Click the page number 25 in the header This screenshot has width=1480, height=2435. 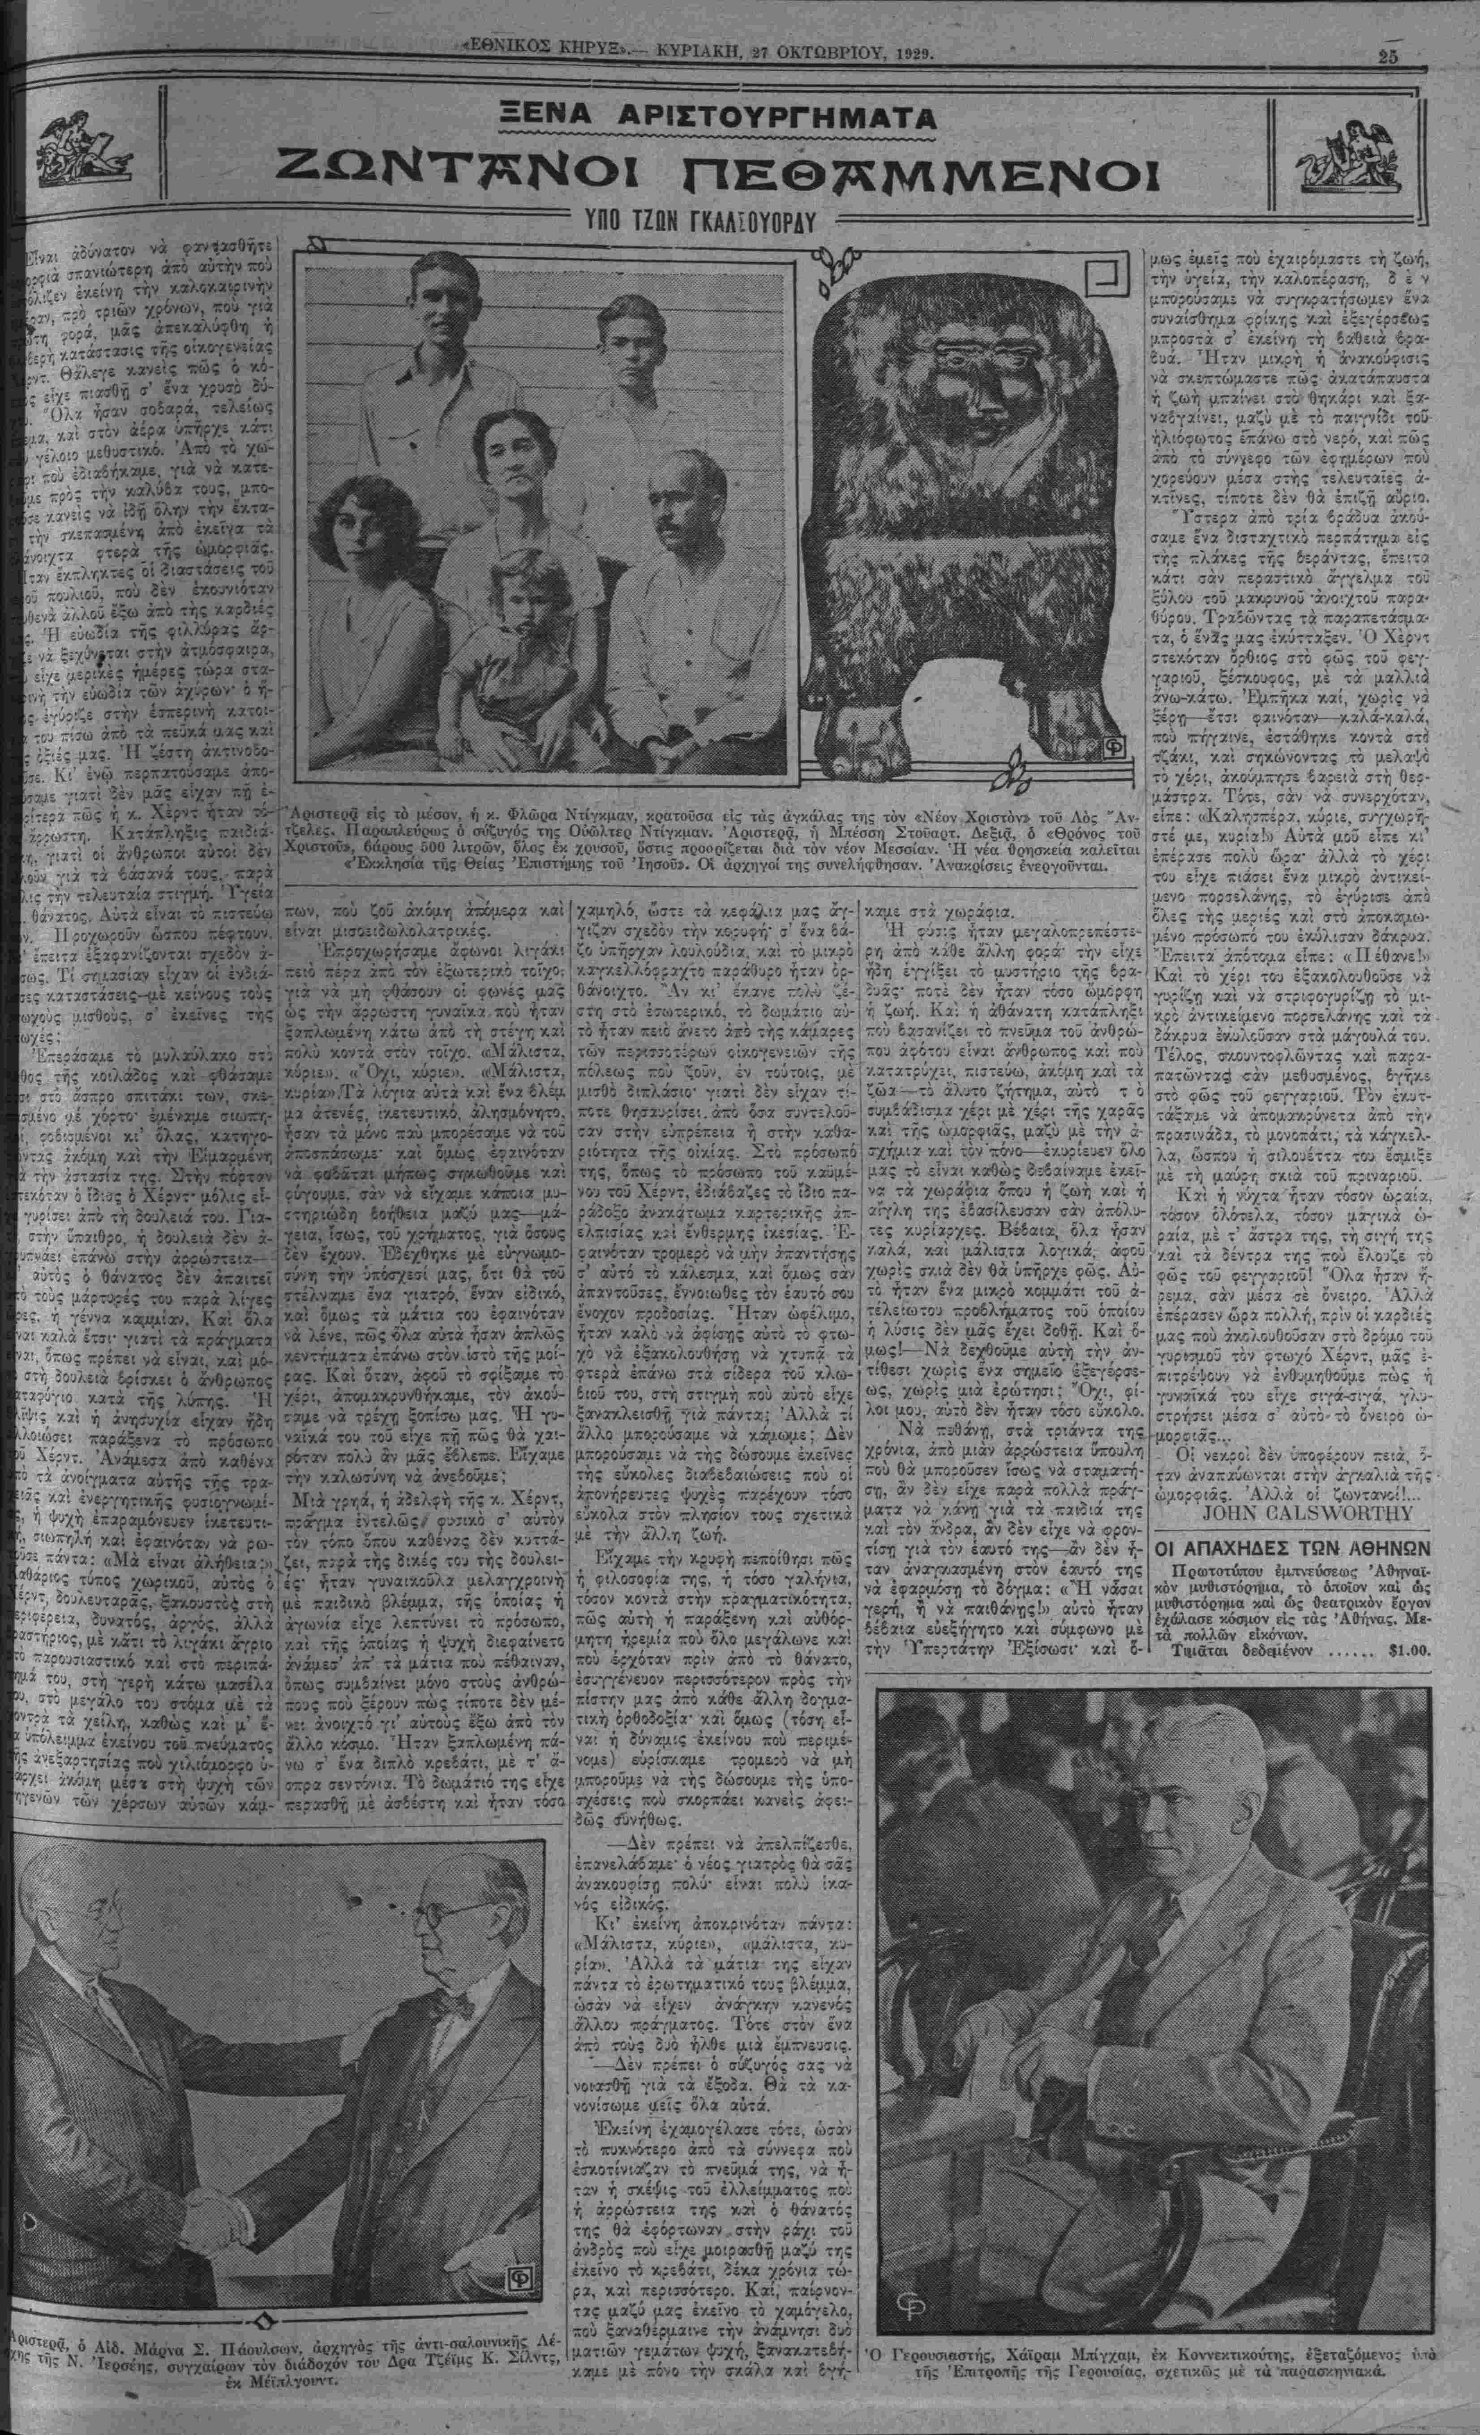(1388, 56)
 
